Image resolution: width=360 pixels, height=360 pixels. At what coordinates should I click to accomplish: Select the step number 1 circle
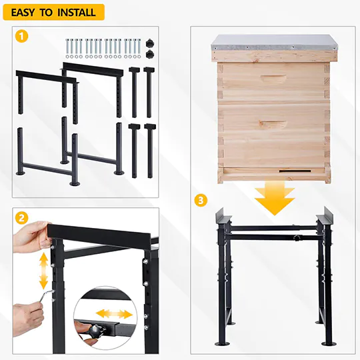coord(23,37)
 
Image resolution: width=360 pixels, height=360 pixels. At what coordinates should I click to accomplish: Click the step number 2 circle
coord(23,218)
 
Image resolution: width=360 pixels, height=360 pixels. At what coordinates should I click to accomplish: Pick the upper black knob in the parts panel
coord(150,42)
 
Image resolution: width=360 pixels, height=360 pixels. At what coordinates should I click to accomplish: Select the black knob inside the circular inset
coord(93,328)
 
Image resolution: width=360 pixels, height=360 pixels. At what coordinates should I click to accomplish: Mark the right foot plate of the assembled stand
coord(328,343)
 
